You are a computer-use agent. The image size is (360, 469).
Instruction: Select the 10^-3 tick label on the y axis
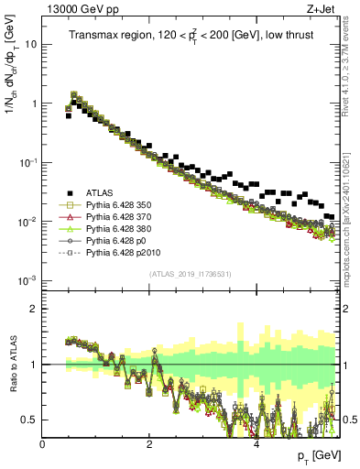click(x=27, y=280)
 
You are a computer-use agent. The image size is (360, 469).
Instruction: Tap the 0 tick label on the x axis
click(x=43, y=444)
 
